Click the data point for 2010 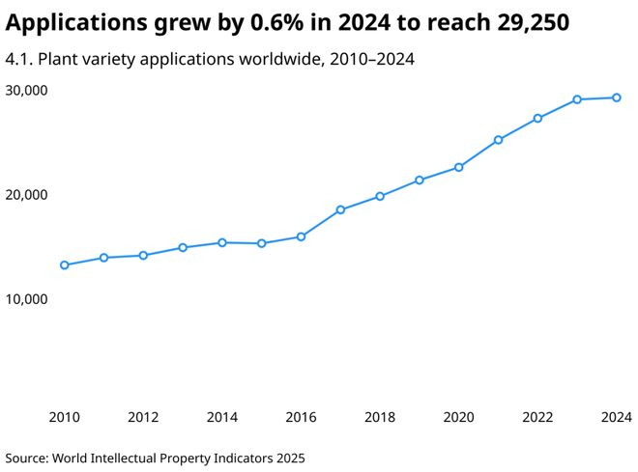pyautogui.click(x=65, y=264)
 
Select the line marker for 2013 pyautogui.click(x=183, y=247)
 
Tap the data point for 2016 pyautogui.click(x=301, y=236)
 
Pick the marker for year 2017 pyautogui.click(x=340, y=209)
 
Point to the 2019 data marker pyautogui.click(x=420, y=180)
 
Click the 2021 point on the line pyautogui.click(x=498, y=140)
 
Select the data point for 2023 pyautogui.click(x=577, y=99)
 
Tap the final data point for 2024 pyautogui.click(x=617, y=97)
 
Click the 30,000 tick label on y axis pyautogui.click(x=27, y=91)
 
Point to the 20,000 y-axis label pyautogui.click(x=27, y=195)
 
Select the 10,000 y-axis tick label pyautogui.click(x=27, y=299)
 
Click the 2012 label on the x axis pyautogui.click(x=143, y=417)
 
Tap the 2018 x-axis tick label pyautogui.click(x=380, y=417)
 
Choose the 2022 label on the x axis pyautogui.click(x=537, y=417)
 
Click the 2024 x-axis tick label pyautogui.click(x=616, y=417)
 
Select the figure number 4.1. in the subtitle pyautogui.click(x=19, y=60)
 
